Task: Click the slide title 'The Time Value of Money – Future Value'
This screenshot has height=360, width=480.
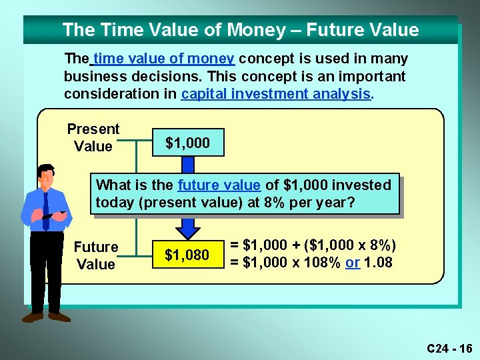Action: (240, 30)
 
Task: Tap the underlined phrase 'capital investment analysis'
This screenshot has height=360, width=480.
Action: (275, 94)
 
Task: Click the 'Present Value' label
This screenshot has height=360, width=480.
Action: (93, 138)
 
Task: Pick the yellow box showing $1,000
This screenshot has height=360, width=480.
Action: (187, 143)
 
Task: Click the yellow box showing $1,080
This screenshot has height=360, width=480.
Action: (187, 255)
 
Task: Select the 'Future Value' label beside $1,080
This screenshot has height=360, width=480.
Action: (96, 255)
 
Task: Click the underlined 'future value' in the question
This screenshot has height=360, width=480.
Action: (219, 185)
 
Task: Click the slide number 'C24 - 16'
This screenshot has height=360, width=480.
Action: (449, 348)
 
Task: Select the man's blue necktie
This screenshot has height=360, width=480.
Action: (45, 209)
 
